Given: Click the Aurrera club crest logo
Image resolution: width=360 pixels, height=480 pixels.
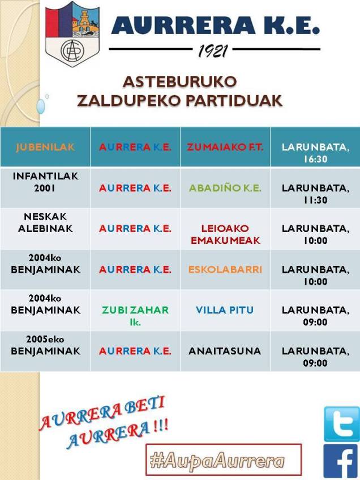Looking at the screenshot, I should tap(72, 34).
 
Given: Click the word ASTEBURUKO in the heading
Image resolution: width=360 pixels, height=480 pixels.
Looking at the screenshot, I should tap(179, 81).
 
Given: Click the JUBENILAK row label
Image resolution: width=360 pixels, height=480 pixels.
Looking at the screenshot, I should tap(45, 147).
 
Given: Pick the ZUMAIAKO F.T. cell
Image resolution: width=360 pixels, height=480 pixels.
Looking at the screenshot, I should tap(225, 147).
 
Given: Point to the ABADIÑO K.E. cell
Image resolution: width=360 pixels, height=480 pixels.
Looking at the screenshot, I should tap(225, 188).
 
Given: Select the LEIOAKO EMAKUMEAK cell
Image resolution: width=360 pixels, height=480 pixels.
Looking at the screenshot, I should tap(225, 234).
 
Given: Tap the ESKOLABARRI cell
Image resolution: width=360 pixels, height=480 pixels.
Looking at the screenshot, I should tap(225, 269).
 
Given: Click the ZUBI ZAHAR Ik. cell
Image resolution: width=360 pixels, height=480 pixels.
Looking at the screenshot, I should tap(135, 316).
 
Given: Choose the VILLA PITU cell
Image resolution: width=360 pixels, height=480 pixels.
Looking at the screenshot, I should tap(225, 310).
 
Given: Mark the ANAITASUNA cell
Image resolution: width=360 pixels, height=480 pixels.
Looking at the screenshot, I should tap(225, 351).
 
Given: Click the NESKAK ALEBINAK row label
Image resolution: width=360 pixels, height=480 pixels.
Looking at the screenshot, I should tap(45, 222).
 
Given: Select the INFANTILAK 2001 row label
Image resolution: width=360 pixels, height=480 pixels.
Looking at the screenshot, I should tap(45, 182).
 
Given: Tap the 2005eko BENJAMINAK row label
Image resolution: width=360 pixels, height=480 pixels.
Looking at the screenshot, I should tap(45, 345).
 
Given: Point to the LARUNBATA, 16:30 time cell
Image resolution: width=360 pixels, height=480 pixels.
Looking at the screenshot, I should tap(315, 153).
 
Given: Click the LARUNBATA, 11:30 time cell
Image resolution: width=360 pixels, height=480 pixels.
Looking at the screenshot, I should tap(315, 194).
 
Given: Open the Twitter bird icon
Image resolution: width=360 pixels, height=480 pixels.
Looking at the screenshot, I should tap(341, 424).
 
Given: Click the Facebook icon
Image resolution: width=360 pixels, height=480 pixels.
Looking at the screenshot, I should tap(341, 462).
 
